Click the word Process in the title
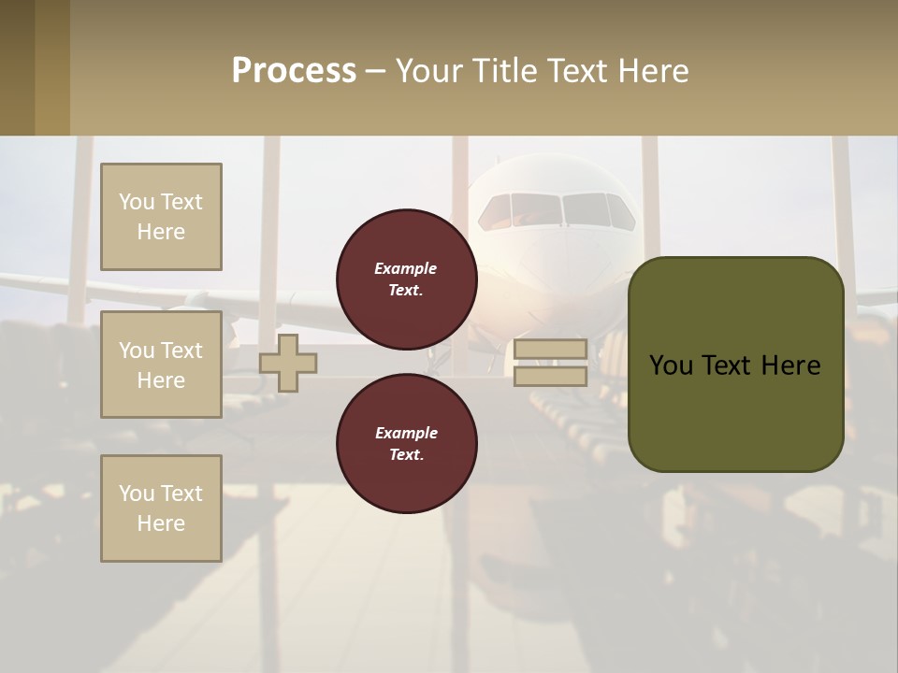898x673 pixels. click(294, 71)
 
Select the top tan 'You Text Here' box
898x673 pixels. click(161, 217)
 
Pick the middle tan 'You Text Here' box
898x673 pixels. click(161, 365)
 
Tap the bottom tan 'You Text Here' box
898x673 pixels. click(161, 508)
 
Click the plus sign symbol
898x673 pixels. click(288, 363)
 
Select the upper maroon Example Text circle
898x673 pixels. click(407, 279)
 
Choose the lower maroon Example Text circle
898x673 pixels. click(407, 444)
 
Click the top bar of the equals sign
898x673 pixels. click(551, 350)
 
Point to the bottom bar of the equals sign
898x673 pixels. click(551, 377)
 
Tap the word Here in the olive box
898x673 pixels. click(790, 365)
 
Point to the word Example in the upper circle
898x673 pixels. click(406, 268)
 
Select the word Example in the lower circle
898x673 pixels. click(406, 433)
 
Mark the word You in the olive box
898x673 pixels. click(671, 365)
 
